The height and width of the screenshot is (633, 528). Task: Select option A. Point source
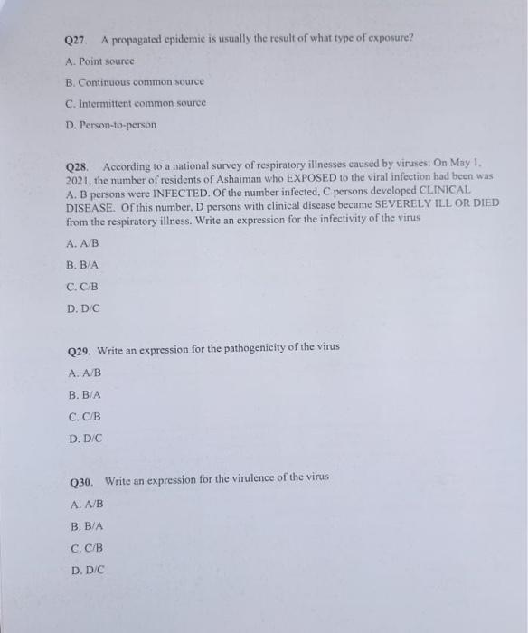click(99, 61)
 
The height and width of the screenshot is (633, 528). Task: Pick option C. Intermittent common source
click(136, 102)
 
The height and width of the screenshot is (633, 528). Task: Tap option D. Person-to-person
click(111, 124)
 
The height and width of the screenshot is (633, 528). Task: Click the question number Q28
click(79, 168)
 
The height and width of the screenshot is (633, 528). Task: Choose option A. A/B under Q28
click(83, 243)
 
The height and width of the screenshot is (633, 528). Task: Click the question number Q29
click(80, 349)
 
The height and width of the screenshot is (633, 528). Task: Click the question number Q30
click(81, 477)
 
